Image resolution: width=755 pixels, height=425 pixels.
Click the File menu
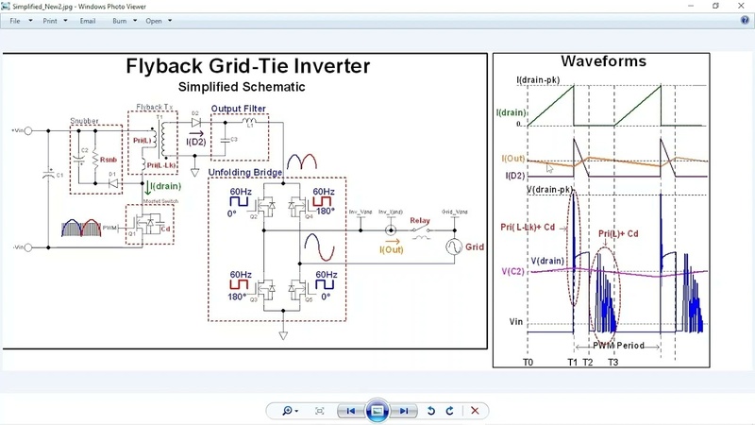coord(15,20)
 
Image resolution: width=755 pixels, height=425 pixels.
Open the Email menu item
coord(88,20)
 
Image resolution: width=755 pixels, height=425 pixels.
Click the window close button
coord(740,6)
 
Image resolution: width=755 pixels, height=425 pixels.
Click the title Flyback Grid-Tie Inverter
coord(248,66)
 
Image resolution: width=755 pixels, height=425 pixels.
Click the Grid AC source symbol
coord(452,247)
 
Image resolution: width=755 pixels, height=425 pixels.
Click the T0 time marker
coord(528,362)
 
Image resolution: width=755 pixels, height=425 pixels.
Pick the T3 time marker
coord(612,362)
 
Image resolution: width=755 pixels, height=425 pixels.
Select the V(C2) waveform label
coord(512,272)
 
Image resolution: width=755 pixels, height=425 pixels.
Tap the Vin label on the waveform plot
coord(517,322)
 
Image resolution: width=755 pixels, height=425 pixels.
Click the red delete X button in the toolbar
coord(475,411)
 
